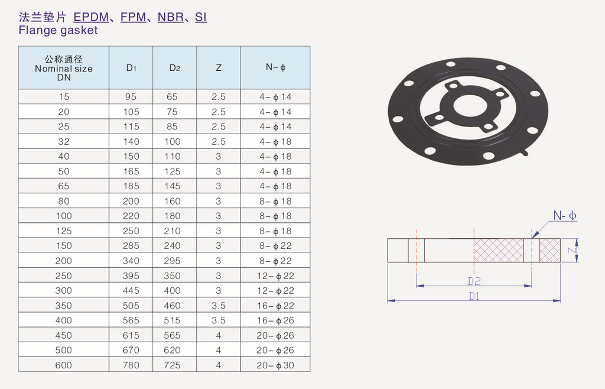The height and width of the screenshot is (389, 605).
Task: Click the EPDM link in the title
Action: click(91, 17)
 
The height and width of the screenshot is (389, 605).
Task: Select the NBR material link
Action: click(171, 17)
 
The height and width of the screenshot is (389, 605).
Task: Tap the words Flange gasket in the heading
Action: click(58, 30)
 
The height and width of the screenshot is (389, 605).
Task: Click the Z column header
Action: click(219, 68)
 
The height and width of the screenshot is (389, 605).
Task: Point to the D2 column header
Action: click(175, 68)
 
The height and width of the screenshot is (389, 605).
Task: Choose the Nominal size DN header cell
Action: click(64, 69)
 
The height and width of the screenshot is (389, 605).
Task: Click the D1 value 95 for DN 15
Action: click(131, 97)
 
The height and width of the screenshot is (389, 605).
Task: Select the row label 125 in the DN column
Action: click(64, 231)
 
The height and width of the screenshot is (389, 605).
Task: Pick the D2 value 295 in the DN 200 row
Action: click(172, 261)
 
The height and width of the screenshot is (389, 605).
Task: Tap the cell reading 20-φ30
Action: click(275, 365)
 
